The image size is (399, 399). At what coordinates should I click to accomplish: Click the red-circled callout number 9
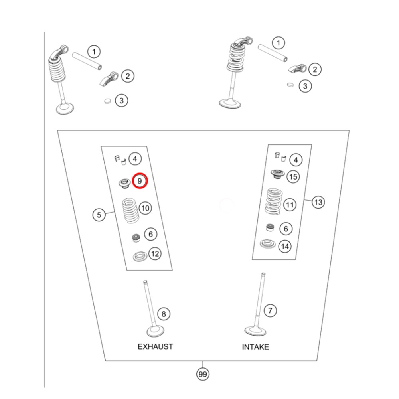pos(140,181)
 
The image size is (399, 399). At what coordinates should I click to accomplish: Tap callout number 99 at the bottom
pos(203,374)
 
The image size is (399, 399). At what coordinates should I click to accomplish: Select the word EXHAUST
pos(155,346)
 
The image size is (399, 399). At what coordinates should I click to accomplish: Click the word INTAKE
pos(255,347)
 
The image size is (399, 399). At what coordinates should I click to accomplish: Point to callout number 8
pos(163,314)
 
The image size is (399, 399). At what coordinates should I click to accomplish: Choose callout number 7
pos(270,310)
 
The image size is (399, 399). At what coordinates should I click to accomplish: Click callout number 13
pos(318,202)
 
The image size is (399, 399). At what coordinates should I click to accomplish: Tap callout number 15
pos(293,176)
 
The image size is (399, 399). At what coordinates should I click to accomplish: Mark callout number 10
pos(145,208)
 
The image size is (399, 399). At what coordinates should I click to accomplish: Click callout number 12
pos(155,253)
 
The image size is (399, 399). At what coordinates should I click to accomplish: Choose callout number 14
pos(285,246)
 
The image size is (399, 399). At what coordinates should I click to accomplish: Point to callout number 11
pos(290,205)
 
